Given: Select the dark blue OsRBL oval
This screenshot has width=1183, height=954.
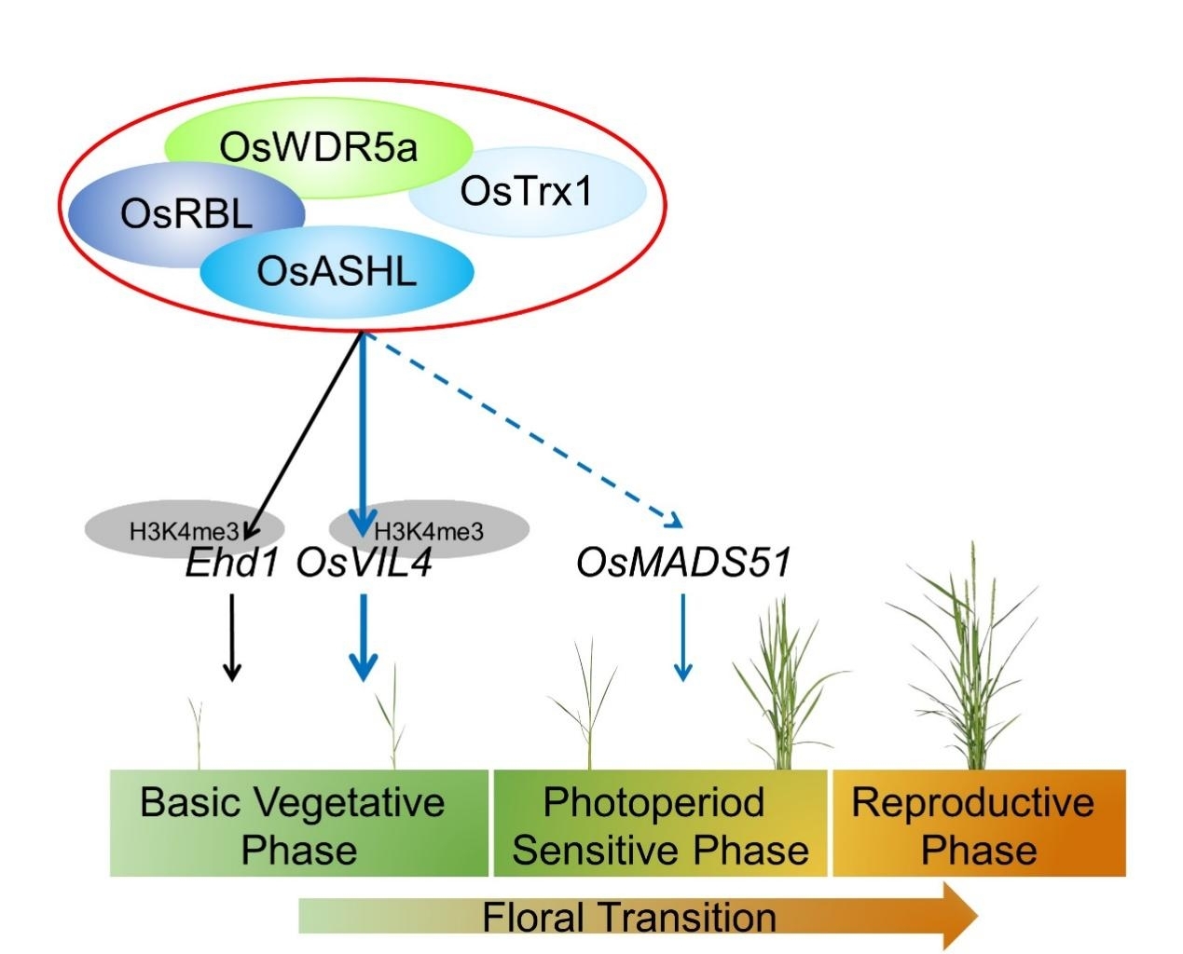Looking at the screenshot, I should click(186, 214).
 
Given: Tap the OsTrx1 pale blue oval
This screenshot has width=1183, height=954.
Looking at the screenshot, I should click(528, 192).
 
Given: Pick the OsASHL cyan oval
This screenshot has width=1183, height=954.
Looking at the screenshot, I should click(337, 272).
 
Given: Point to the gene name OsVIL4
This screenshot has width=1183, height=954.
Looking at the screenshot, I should click(364, 564).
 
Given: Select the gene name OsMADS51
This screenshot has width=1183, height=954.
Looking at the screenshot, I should click(683, 563).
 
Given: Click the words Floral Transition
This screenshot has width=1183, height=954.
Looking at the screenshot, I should click(628, 917).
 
